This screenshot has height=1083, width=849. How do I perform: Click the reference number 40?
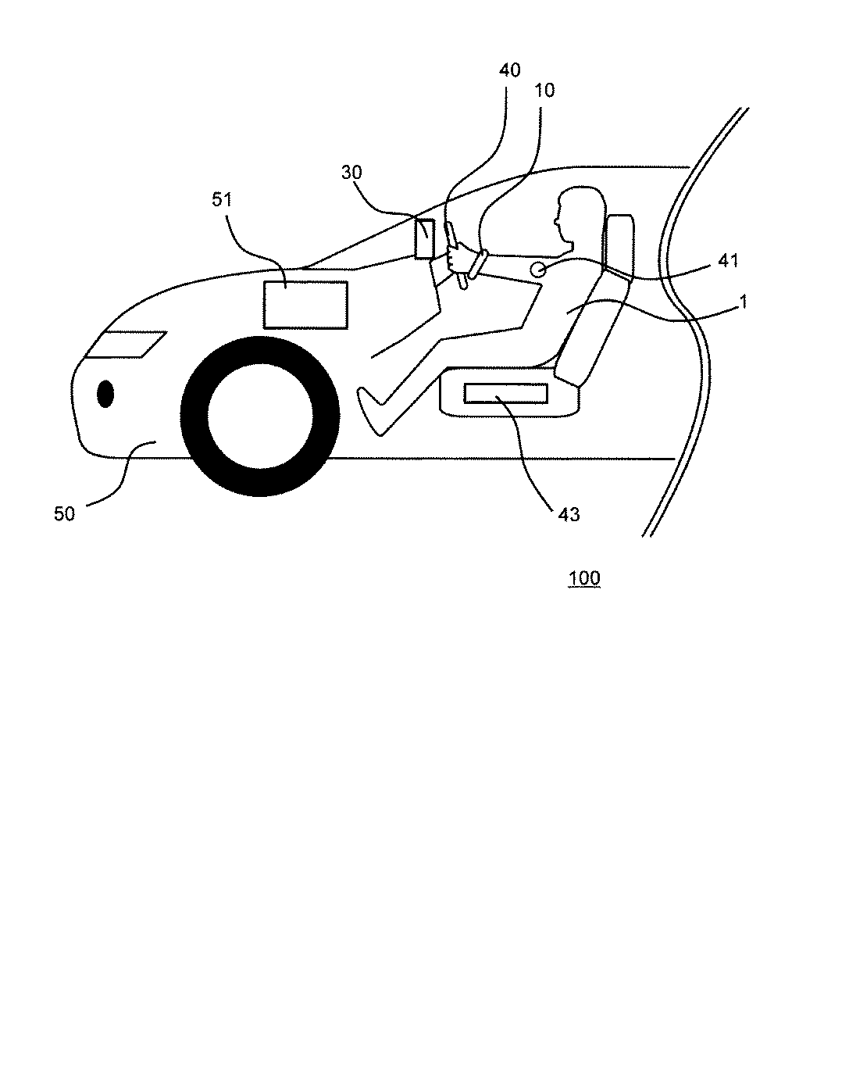pyautogui.click(x=509, y=70)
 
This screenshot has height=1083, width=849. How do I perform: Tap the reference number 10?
pyautogui.click(x=544, y=90)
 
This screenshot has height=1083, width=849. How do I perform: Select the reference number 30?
pyautogui.click(x=352, y=173)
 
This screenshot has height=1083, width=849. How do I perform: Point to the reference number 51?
pyautogui.click(x=223, y=199)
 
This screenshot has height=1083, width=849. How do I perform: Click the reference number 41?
pyautogui.click(x=726, y=259)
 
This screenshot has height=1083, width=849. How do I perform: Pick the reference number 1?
pyautogui.click(x=744, y=302)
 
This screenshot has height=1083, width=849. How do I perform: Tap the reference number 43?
pyautogui.click(x=568, y=513)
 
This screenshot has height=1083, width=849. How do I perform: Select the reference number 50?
pyautogui.click(x=64, y=513)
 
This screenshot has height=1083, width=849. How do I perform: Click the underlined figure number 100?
pyautogui.click(x=584, y=578)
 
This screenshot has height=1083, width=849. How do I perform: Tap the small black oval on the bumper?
pyautogui.click(x=105, y=394)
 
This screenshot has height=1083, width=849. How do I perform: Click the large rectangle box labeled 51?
pyautogui.click(x=305, y=305)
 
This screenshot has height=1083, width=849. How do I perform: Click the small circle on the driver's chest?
pyautogui.click(x=538, y=270)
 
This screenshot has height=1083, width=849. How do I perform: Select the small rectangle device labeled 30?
pyautogui.click(x=425, y=238)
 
